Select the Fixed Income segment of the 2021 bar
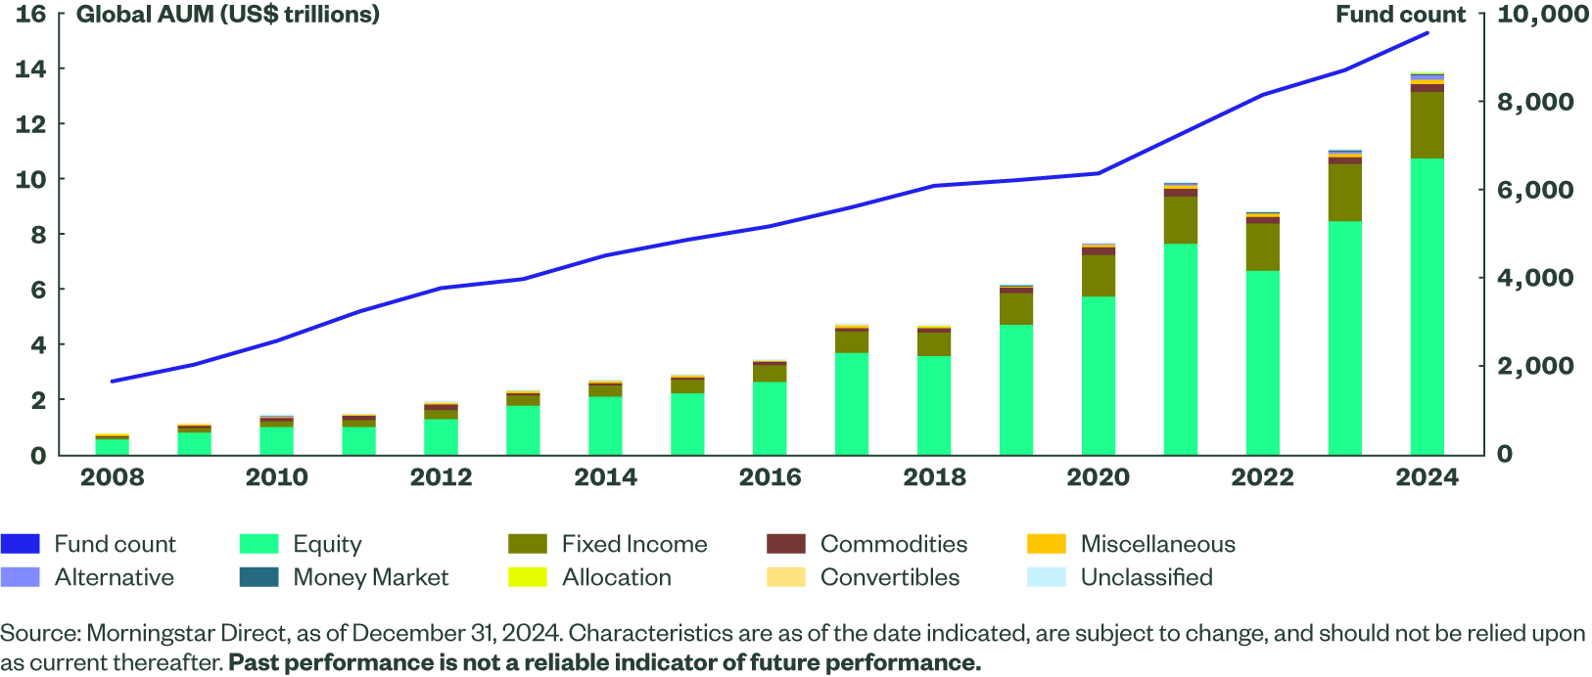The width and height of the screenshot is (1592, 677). click(x=1181, y=220)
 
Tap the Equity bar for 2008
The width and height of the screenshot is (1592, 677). click(x=113, y=447)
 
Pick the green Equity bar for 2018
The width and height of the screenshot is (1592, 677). click(x=934, y=405)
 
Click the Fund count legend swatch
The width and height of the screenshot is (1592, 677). click(x=21, y=544)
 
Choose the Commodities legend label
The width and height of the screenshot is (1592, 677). click(x=893, y=544)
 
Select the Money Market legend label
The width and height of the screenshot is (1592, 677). click(x=371, y=577)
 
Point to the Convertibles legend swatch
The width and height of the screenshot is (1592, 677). click(x=786, y=577)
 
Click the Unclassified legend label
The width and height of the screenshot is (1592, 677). click(x=1146, y=577)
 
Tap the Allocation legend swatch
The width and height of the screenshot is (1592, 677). click(x=528, y=577)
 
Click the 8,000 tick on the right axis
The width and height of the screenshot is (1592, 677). click(x=1535, y=102)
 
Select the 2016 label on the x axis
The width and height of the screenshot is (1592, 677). click(x=770, y=477)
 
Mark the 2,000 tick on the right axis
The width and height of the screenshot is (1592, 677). click(x=1535, y=366)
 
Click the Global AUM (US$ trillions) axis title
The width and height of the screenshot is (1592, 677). click(x=228, y=15)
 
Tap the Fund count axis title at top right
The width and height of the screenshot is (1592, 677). click(x=1400, y=15)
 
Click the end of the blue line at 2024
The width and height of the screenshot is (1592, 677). click(x=1428, y=33)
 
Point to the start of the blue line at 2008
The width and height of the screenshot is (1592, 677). click(x=113, y=381)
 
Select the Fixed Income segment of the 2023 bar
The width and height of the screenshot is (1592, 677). click(x=1344, y=193)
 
